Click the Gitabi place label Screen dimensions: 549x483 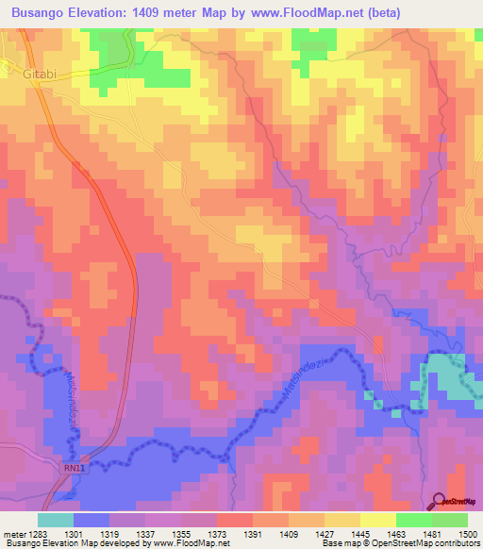point(26,73)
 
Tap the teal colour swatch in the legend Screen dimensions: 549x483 point(55,520)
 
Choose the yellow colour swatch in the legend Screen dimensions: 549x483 point(377,520)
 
